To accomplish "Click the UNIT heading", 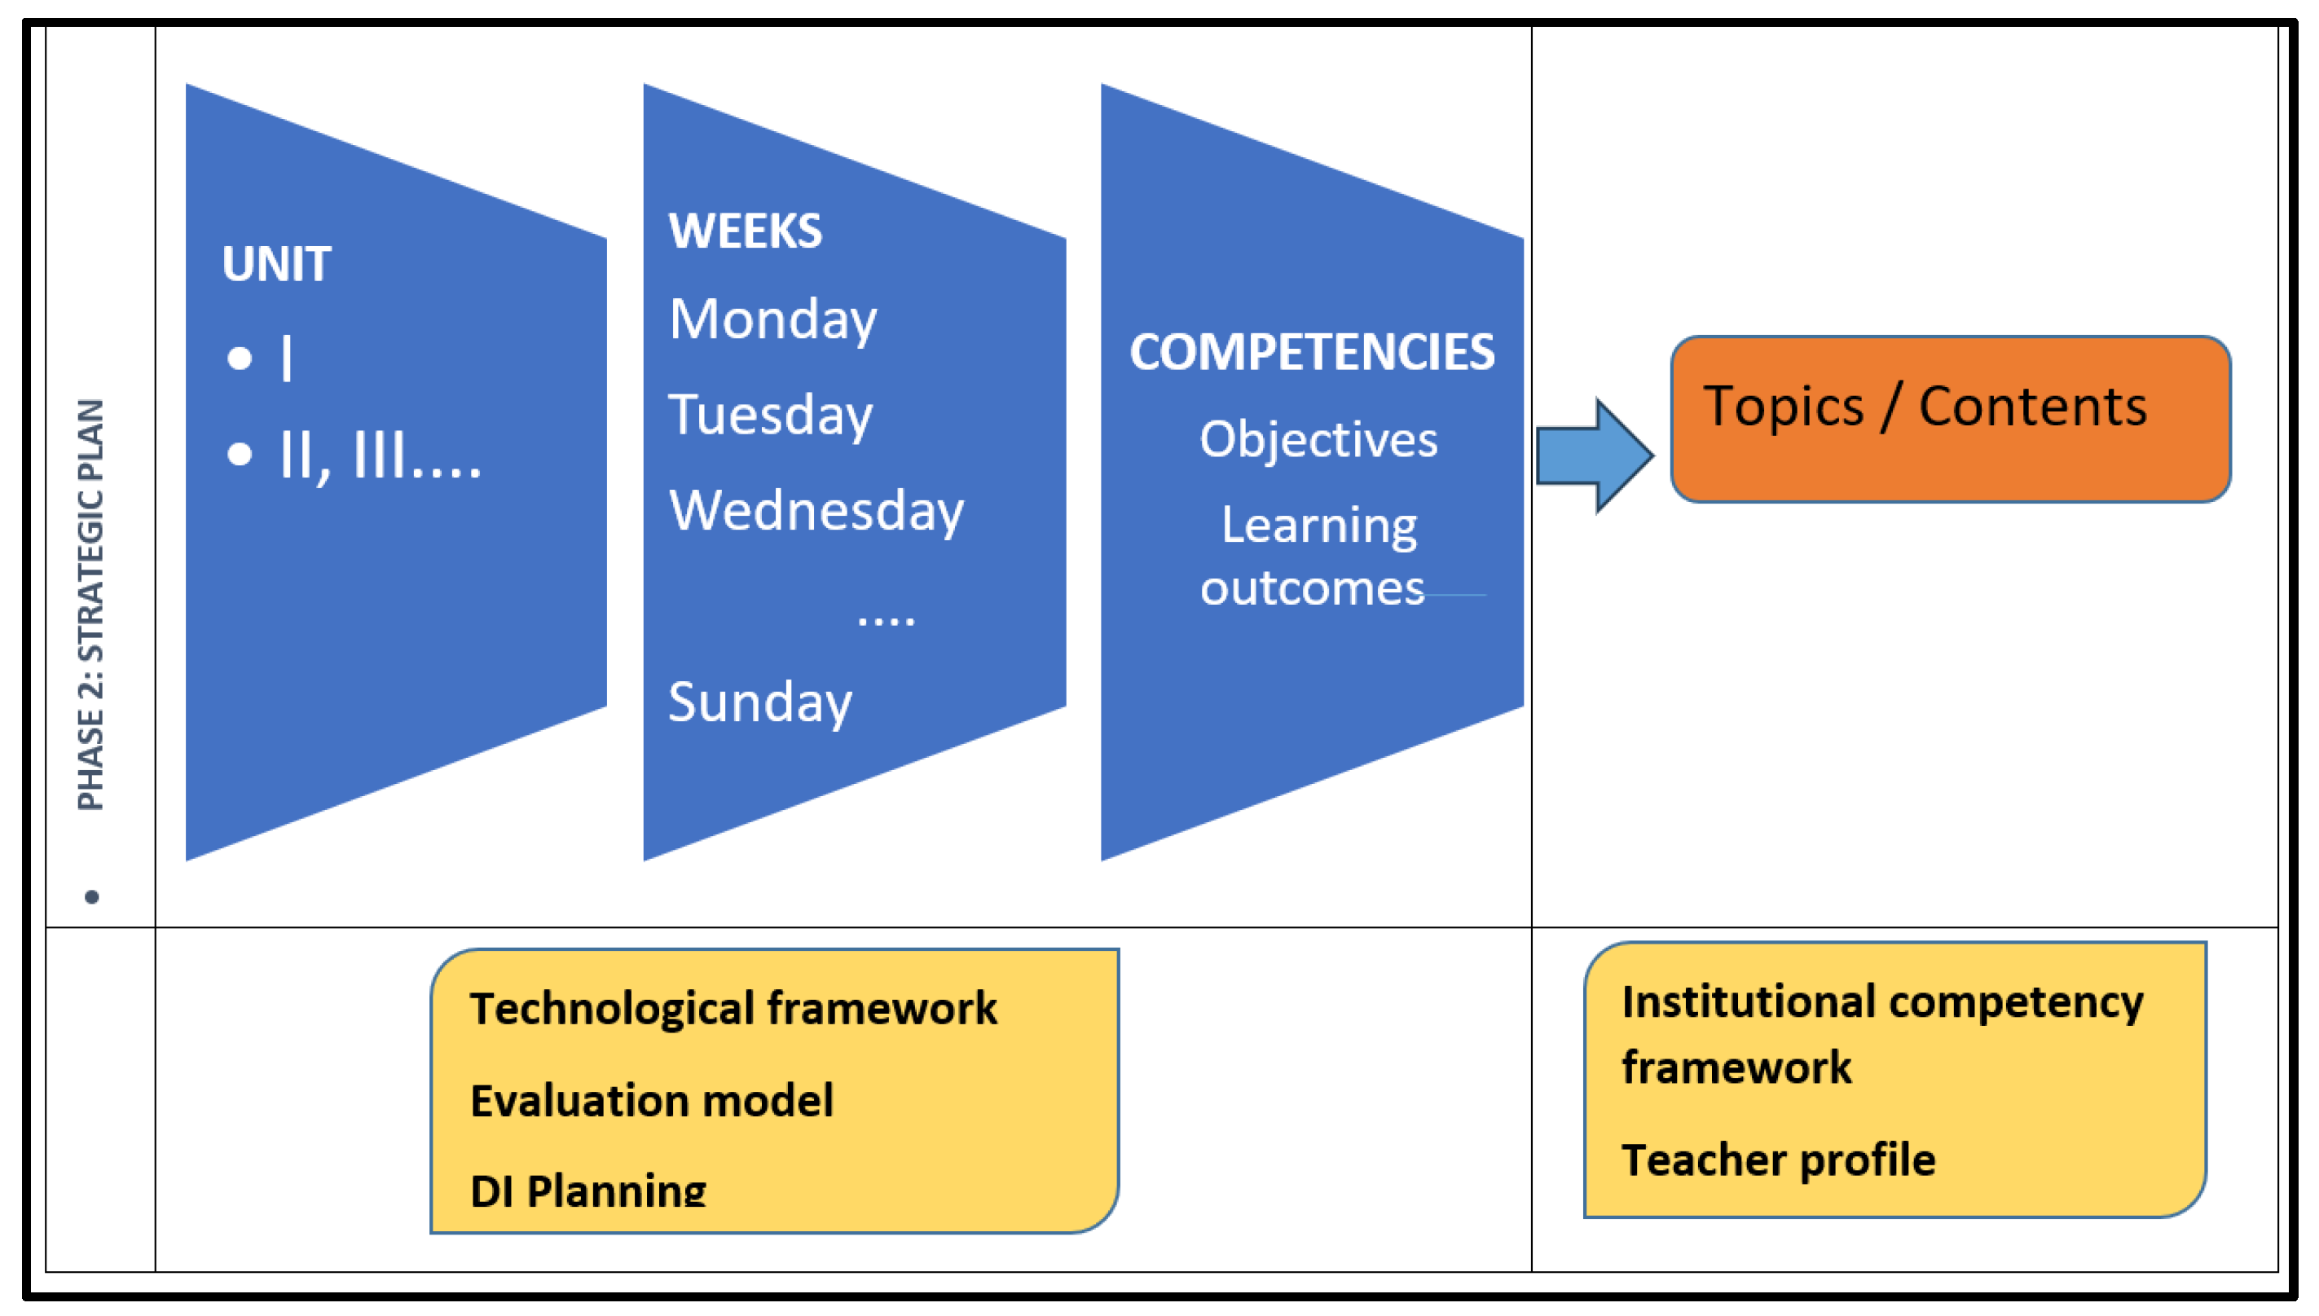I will (276, 265).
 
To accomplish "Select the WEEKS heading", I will (746, 231).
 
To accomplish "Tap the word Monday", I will (772, 320).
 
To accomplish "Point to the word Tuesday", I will (770, 416).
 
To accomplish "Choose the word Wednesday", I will (816, 512).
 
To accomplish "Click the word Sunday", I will (760, 702).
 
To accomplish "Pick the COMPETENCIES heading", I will (1311, 353).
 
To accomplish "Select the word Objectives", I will (1318, 440).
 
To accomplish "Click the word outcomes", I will (1311, 588).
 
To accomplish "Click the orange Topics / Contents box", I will (1950, 420).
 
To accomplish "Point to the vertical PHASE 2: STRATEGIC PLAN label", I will (91, 605).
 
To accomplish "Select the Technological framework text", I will (733, 1008).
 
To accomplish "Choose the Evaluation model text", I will (652, 1101).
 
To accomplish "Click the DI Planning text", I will (588, 1190).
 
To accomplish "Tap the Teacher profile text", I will (1778, 1160).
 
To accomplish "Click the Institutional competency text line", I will (1881, 1002).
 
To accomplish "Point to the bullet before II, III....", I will (240, 453).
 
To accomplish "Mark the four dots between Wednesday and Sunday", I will (886, 619).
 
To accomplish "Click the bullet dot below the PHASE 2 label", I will (91, 896).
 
